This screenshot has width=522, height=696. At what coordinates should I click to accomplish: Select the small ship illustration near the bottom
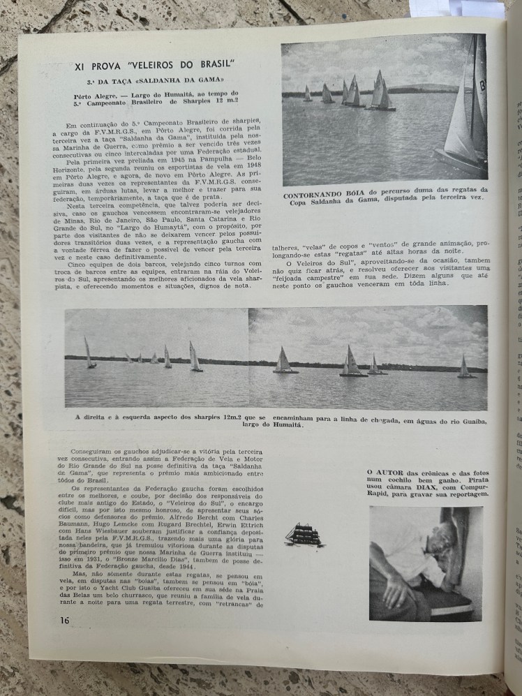304,535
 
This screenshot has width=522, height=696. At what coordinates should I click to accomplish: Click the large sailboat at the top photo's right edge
465,119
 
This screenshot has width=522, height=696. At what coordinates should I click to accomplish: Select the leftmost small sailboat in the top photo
307,94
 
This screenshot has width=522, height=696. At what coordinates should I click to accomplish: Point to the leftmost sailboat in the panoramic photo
89,353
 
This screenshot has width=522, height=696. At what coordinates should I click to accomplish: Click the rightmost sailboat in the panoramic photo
464,367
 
